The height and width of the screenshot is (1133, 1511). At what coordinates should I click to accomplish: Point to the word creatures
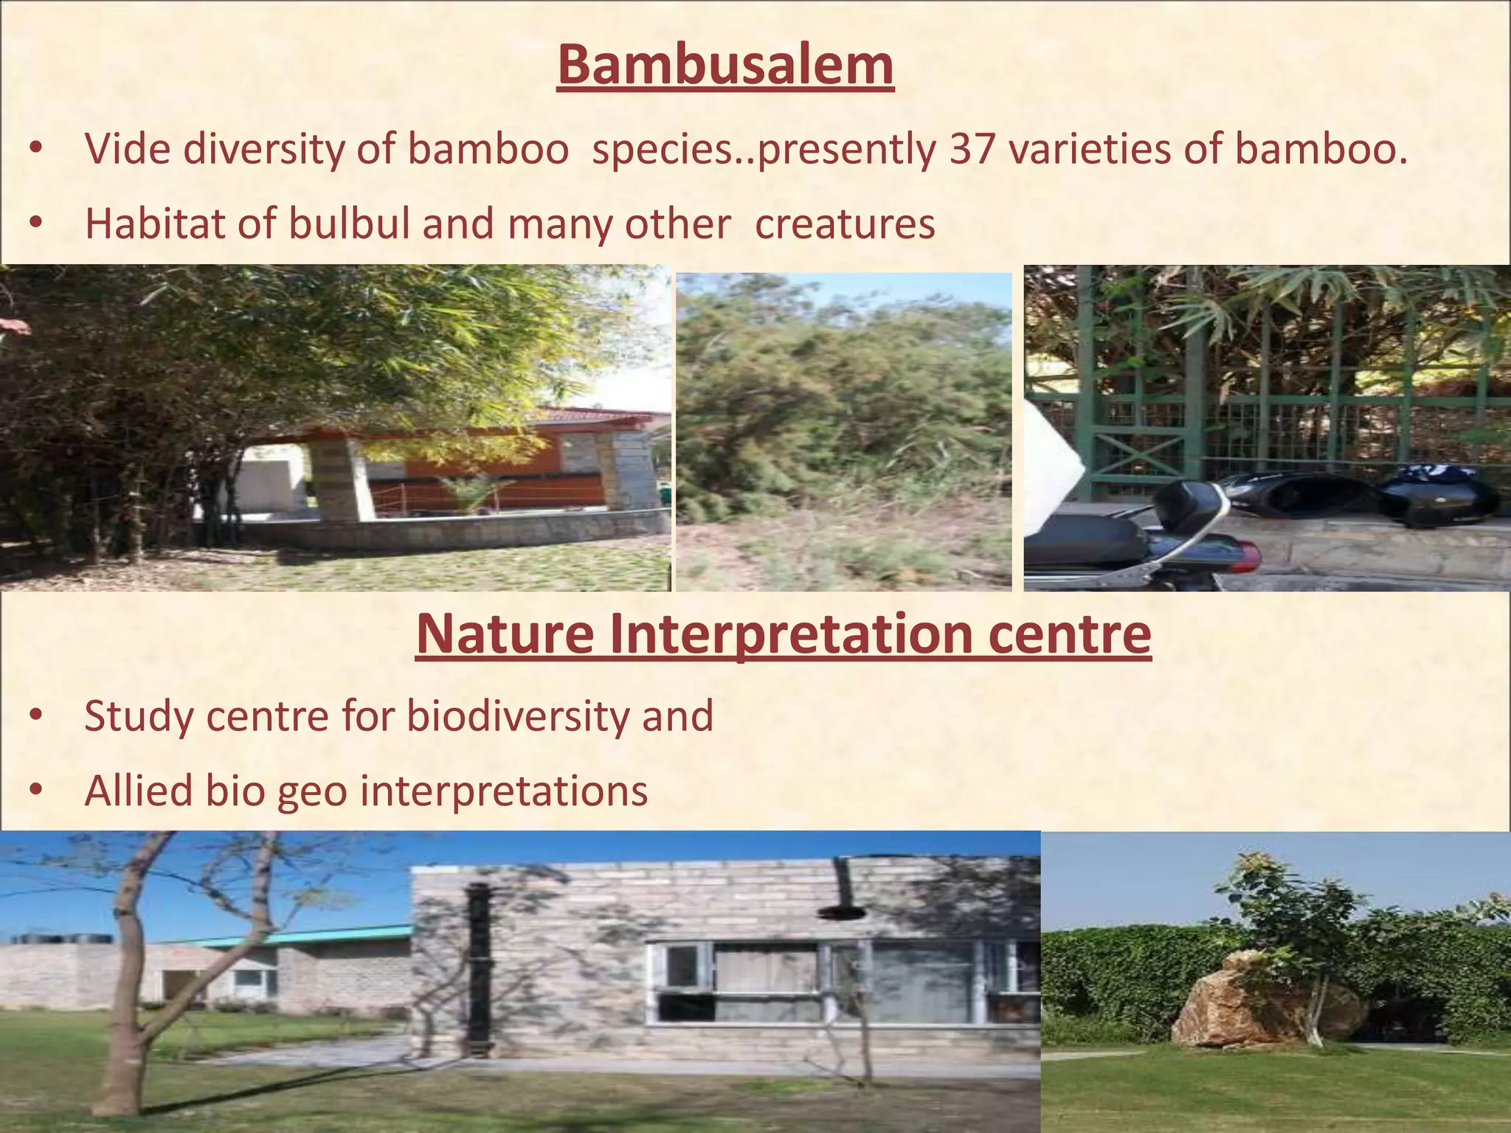click(x=845, y=224)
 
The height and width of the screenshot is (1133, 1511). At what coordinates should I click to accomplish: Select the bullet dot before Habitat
click(x=36, y=224)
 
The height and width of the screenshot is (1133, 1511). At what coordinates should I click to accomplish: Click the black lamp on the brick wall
click(x=841, y=907)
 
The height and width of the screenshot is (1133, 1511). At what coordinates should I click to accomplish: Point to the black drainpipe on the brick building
click(x=479, y=966)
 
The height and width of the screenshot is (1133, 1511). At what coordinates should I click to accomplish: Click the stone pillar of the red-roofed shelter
click(x=336, y=479)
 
